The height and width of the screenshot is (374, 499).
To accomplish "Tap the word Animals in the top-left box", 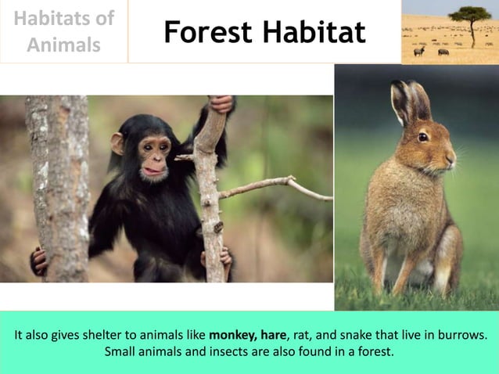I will [63, 45].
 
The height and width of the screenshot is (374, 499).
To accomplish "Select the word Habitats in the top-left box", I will [63, 18].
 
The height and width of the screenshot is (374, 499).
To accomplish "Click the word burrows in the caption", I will [461, 335].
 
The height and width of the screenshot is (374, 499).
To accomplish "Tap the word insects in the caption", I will [224, 351].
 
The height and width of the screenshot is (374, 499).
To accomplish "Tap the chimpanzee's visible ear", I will [117, 143].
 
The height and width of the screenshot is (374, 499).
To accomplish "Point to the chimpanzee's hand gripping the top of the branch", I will [222, 104].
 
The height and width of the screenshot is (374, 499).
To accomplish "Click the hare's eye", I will [423, 137].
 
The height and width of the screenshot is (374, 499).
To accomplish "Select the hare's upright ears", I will [410, 102].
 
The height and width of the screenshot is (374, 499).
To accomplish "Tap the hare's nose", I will [452, 156].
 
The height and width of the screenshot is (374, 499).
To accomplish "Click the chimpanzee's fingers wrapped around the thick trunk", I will [38, 261].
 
